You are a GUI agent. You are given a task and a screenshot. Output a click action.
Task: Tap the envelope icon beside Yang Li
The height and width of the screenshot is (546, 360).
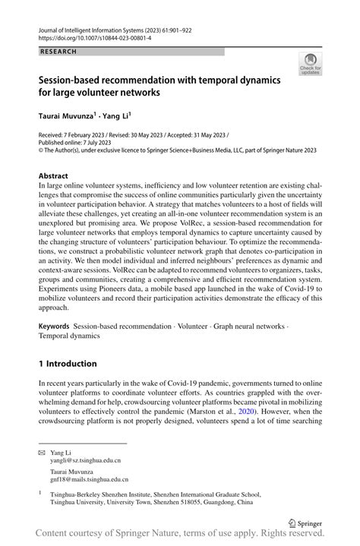click(42, 452)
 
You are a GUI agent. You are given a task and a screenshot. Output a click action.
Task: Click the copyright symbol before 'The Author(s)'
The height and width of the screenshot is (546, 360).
click(42, 159)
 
